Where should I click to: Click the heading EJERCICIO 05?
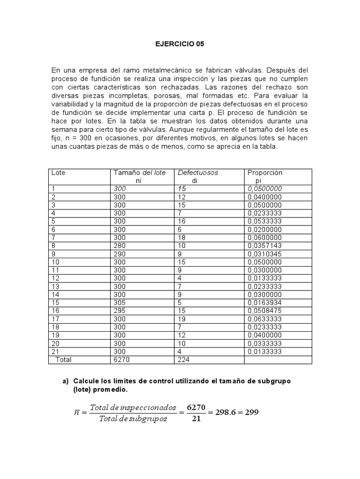pyautogui.click(x=180, y=44)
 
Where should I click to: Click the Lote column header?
pyautogui.click(x=58, y=173)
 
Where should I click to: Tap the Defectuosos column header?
pyautogui.click(x=198, y=173)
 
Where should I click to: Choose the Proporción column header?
pyautogui.click(x=265, y=173)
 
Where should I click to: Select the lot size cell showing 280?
pyautogui.click(x=120, y=246)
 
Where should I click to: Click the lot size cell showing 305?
pyautogui.click(x=120, y=303)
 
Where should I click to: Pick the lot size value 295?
pyautogui.click(x=120, y=311)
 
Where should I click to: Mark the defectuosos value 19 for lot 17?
pyautogui.click(x=182, y=319)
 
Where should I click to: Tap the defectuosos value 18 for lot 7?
pyautogui.click(x=182, y=238)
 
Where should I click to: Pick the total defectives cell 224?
pyautogui.click(x=184, y=360)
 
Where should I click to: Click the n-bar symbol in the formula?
pyautogui.click(x=77, y=413)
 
